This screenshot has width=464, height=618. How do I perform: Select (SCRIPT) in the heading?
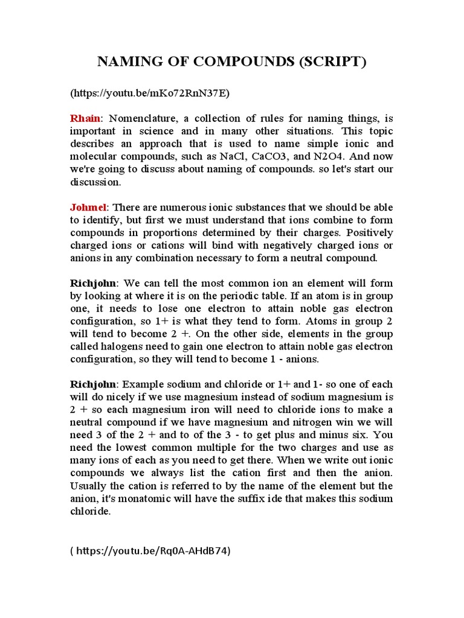click(x=333, y=62)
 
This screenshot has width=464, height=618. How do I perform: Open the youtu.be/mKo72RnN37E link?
click(x=150, y=93)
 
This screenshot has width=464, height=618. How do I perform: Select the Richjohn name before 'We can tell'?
click(x=95, y=283)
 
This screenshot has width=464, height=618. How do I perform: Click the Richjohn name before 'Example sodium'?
click(x=95, y=384)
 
